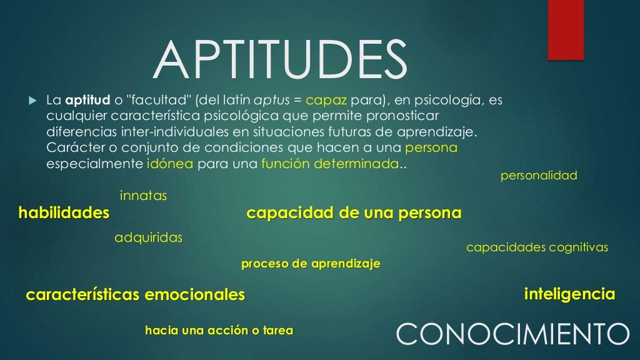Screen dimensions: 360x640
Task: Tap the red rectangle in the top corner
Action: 565,30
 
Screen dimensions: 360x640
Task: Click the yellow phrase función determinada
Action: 330,164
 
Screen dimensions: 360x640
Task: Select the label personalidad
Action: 539,176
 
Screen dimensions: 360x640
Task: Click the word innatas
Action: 143,196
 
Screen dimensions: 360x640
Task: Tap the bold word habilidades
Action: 64,214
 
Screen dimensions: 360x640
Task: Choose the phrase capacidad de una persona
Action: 354,214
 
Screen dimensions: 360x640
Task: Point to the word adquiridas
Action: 148,238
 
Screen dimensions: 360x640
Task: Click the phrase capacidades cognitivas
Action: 537,248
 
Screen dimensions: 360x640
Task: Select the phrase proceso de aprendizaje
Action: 311,264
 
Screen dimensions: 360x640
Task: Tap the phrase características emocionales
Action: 136,295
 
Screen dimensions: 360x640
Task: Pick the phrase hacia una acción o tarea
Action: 219,331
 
